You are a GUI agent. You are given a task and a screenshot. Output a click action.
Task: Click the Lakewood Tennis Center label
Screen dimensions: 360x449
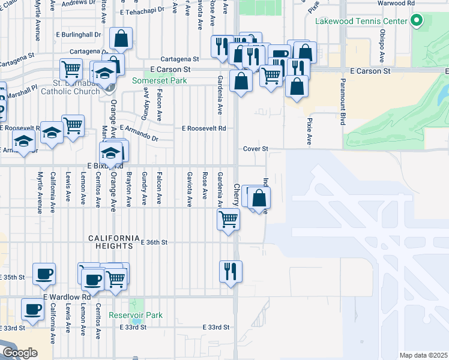click(362, 22)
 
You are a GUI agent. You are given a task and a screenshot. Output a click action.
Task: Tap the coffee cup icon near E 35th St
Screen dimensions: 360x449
click(44, 273)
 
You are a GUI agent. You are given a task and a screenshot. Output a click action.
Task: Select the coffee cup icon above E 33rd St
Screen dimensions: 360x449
click(32, 309)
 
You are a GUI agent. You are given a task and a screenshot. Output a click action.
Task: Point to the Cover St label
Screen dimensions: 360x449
click(255, 148)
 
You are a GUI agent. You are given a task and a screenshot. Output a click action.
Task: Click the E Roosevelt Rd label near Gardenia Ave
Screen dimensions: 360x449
click(204, 128)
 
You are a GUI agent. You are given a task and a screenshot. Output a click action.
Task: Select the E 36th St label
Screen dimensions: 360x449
click(153, 242)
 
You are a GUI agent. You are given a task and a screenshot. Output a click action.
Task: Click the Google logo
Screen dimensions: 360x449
click(20, 353)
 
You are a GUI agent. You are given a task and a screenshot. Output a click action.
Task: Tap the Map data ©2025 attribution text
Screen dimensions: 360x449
click(423, 355)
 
